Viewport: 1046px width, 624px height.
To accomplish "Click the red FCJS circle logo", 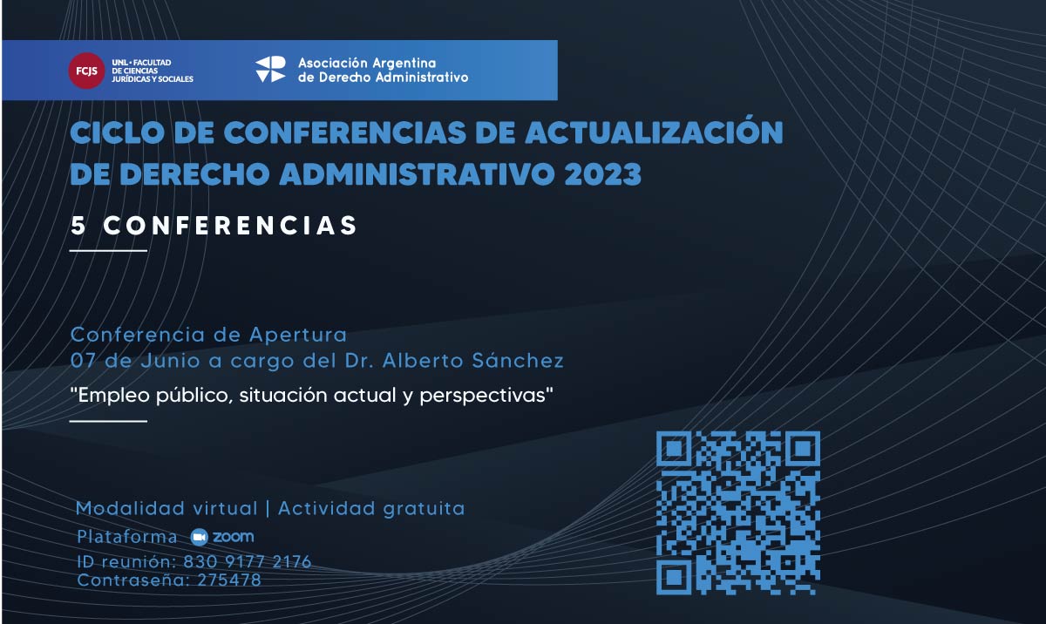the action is pos(86,71).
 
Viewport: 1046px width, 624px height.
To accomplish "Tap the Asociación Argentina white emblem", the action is pos(270,70).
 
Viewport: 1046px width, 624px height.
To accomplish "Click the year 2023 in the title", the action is pos(603,174).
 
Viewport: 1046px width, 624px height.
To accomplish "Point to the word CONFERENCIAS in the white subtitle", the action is pos(230,226).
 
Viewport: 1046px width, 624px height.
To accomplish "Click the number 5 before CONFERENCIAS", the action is pos(78,226).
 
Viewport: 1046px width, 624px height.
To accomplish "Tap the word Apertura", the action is pos(298,336).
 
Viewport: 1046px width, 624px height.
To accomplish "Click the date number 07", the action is pos(83,361).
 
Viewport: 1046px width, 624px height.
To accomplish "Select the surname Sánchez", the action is pos(518,361).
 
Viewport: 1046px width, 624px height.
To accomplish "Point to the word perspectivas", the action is pos(483,396).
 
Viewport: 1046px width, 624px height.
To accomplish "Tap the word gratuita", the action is pos(424,509).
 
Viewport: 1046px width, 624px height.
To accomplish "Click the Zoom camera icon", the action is pos(199,537).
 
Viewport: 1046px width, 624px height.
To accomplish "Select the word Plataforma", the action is pos(127,537).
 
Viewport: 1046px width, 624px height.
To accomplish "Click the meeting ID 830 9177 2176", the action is pos(247,561).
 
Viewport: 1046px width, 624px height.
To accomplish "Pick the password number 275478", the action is pos(229,580).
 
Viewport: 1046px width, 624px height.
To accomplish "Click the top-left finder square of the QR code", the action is pos(674,449).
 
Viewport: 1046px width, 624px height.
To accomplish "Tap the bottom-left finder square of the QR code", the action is pos(674,578).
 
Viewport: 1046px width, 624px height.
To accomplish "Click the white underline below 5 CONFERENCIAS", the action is pos(108,251).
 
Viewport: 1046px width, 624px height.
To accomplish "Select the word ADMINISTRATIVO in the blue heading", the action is pos(418,174).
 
